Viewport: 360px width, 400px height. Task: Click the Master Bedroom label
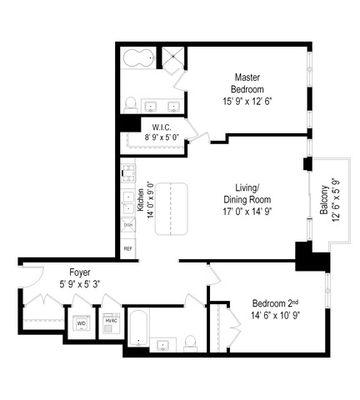tap(247, 83)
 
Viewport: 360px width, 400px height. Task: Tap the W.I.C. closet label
tap(162, 127)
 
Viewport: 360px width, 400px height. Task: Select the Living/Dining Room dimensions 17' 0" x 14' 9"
tap(247, 212)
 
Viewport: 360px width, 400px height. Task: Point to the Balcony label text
tap(324, 200)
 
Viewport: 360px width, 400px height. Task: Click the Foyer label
tap(80, 272)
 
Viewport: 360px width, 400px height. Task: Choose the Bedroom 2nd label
tap(276, 303)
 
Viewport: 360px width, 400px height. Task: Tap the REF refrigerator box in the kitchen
tap(128, 248)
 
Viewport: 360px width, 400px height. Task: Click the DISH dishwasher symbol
tap(128, 225)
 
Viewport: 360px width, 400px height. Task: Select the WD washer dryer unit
tap(82, 323)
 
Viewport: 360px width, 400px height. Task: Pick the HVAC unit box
tap(112, 323)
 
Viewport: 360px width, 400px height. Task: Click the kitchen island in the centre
tap(172, 209)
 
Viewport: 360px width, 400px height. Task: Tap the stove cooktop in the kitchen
tap(128, 173)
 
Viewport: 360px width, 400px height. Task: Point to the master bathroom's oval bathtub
tap(138, 58)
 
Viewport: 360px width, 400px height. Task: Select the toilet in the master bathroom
tap(130, 105)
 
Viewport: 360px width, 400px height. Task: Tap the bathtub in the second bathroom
tap(138, 328)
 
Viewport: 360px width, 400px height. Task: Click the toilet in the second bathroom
tap(190, 343)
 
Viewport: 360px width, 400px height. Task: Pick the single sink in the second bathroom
tap(162, 346)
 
